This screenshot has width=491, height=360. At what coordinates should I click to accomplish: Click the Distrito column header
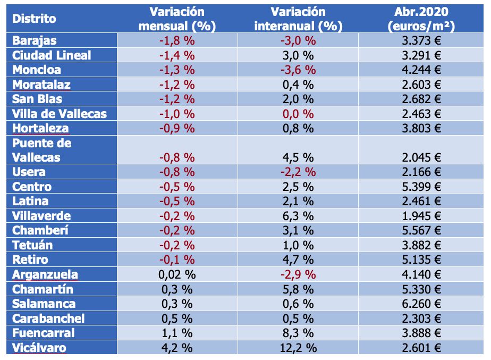click(34, 19)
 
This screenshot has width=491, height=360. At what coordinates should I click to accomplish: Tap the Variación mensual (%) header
click(177, 19)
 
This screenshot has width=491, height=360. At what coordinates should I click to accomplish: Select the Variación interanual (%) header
click(298, 19)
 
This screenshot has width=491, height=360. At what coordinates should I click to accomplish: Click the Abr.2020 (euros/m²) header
click(421, 19)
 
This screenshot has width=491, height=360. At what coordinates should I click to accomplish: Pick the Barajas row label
click(35, 41)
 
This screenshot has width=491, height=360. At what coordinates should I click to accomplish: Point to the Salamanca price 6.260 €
click(421, 304)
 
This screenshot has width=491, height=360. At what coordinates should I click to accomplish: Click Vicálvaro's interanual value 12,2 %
click(298, 348)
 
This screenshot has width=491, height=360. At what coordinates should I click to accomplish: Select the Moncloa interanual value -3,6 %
click(298, 70)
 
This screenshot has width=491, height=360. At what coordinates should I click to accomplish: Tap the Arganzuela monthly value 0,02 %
click(177, 275)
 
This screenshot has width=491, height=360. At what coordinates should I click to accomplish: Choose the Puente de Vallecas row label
click(41, 150)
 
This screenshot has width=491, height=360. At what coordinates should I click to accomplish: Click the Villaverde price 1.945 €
click(421, 216)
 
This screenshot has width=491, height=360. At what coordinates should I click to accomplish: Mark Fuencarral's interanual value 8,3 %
click(298, 333)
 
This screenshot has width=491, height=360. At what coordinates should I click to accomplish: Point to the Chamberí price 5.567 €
click(421, 230)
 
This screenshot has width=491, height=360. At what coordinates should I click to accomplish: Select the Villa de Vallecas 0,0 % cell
click(298, 114)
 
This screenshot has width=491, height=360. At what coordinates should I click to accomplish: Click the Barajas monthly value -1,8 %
click(177, 41)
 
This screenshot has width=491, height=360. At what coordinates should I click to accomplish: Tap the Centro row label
click(32, 187)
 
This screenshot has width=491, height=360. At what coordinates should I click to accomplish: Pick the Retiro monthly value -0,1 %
click(177, 259)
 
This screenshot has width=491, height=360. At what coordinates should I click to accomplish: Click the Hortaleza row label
click(40, 129)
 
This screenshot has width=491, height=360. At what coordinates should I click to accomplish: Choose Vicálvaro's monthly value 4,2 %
click(177, 348)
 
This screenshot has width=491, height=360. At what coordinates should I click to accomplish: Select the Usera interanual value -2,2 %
click(298, 172)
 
